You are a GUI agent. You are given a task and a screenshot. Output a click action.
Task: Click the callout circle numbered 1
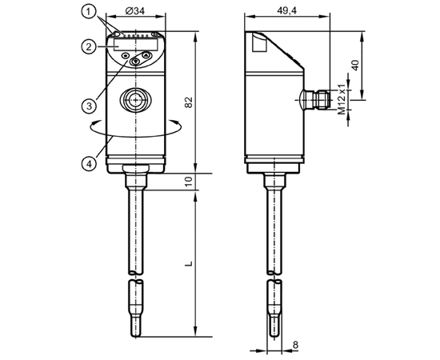coord(89,12)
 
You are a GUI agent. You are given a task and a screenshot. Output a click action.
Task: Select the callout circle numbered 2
coord(89,46)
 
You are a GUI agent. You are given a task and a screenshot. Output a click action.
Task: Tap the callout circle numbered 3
coord(89,106)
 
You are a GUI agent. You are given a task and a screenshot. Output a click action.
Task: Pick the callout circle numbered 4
coord(89,163)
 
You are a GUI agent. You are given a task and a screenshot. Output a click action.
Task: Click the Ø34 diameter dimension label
coord(135,11)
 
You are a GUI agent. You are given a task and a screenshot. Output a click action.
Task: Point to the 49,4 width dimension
coord(286,10)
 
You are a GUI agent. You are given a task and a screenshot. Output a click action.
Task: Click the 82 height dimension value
coord(189,102)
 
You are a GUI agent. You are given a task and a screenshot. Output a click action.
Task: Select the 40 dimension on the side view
coord(355,65)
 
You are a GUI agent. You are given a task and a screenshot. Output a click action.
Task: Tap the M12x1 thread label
coord(342,99)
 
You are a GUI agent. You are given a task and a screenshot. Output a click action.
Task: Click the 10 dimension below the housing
coord(189,182)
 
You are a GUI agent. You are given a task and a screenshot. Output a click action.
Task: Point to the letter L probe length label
coord(190,263)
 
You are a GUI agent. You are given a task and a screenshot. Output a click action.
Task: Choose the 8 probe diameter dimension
coord(295,345)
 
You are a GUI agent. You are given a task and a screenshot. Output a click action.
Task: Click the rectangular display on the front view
coord(136,45)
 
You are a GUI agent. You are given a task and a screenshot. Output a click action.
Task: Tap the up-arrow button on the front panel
coord(146,55)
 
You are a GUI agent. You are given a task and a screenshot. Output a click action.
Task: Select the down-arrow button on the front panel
coord(136,62)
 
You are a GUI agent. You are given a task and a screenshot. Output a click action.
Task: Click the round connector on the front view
coord(136,99)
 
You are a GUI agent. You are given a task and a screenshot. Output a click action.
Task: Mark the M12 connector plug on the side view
coord(317,99)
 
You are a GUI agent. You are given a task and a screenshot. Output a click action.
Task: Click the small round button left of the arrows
coord(125,56)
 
